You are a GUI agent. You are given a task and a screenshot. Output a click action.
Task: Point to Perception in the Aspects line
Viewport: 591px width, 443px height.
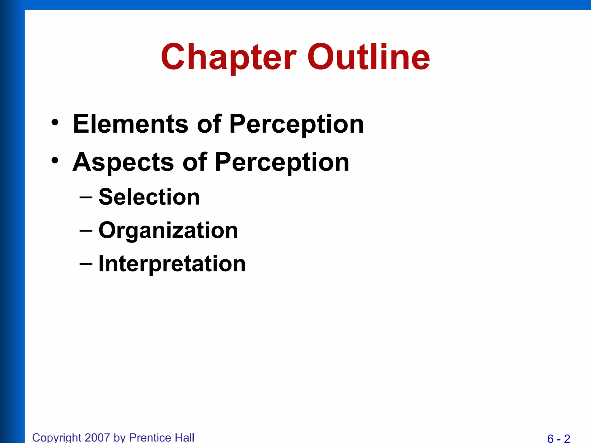pos(282,162)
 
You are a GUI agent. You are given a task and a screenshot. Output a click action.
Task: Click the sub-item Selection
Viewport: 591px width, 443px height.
pos(149,197)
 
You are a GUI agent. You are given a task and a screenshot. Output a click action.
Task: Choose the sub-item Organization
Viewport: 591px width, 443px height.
pos(168,230)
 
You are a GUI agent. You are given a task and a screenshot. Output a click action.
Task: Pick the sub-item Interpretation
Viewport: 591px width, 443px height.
pos(172,264)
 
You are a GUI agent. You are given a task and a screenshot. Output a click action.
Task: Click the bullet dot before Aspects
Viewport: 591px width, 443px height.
pos(55,160)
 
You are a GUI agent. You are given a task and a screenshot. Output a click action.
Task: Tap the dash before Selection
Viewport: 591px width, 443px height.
pos(86,198)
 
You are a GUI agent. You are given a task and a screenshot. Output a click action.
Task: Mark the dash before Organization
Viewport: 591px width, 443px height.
pos(86,231)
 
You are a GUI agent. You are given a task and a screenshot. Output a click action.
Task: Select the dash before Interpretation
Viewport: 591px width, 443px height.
pos(86,264)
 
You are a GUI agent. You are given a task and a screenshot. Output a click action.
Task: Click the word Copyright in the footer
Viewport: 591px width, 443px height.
pos(57,438)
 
